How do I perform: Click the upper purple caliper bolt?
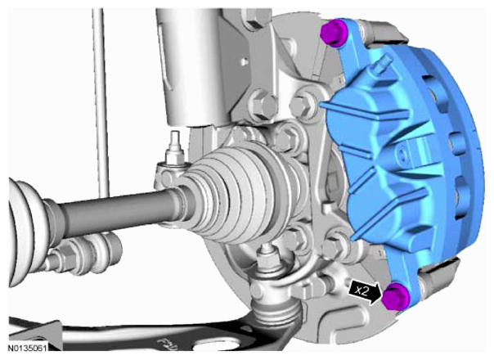[335, 33]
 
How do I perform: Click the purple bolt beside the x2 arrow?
[395, 296]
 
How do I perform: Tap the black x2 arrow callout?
[365, 292]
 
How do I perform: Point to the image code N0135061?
[28, 349]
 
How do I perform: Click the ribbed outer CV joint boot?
[245, 192]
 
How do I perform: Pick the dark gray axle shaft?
[117, 211]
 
